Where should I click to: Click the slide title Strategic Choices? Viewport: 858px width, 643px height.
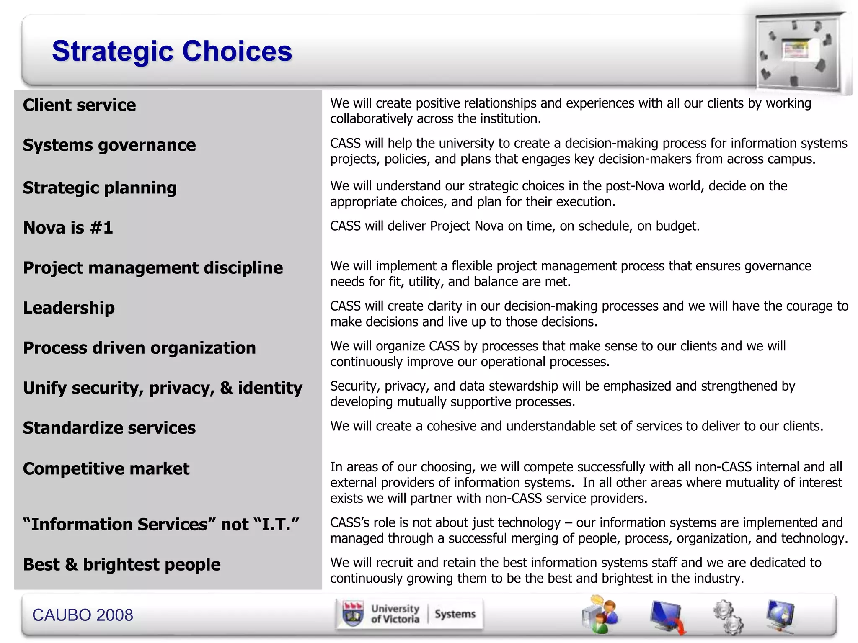pos(172,51)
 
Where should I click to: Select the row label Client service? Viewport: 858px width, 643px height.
pos(79,105)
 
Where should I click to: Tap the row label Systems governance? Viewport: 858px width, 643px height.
pos(109,145)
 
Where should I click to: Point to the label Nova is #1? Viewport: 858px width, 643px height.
pos(68,228)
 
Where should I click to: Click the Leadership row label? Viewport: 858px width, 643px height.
pos(69,308)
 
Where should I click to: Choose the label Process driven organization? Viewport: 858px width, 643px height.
pos(139,348)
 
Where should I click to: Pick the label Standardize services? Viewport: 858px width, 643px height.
pos(109,428)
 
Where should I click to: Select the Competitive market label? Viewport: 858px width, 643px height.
pos(106,468)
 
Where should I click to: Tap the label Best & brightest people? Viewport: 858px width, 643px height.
pos(121,565)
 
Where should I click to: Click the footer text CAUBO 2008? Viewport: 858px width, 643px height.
pos(83,615)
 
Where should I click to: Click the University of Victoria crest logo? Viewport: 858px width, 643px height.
pos(353,614)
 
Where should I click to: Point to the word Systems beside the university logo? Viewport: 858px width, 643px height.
pos(455,614)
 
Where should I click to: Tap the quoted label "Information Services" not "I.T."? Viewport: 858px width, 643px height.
pos(161,525)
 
